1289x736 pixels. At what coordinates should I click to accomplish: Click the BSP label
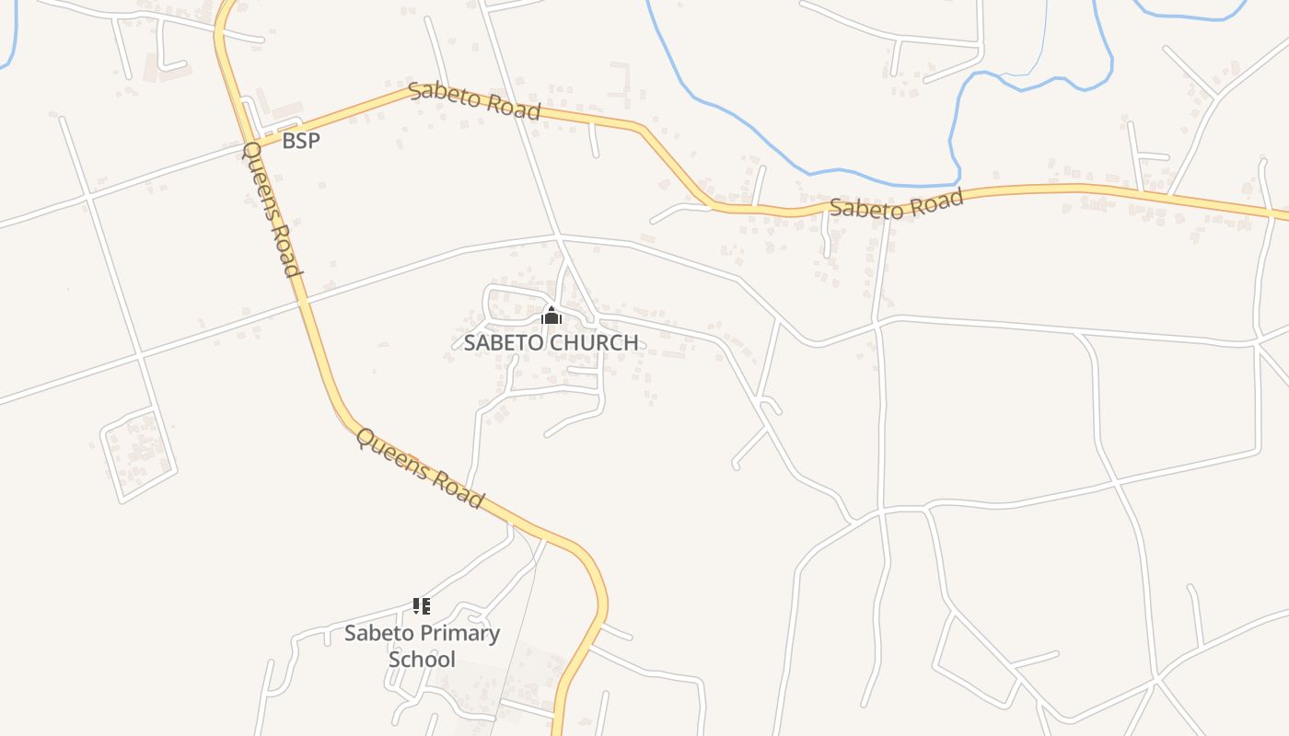[x=301, y=141]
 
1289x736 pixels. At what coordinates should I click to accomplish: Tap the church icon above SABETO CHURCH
[x=551, y=316]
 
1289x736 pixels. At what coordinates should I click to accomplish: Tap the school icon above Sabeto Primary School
[x=421, y=606]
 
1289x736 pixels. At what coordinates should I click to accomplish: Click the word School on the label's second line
[x=422, y=659]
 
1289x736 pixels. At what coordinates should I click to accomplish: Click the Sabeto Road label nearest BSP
[x=473, y=100]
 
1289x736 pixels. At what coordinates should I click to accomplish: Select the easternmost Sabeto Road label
[x=896, y=203]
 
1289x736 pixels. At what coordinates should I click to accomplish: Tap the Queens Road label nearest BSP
[x=272, y=209]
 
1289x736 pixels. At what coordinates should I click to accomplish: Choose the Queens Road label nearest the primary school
[x=420, y=468]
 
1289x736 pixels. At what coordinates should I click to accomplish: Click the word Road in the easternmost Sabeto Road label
[x=932, y=198]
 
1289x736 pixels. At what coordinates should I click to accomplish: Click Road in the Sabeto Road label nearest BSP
[x=511, y=108]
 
